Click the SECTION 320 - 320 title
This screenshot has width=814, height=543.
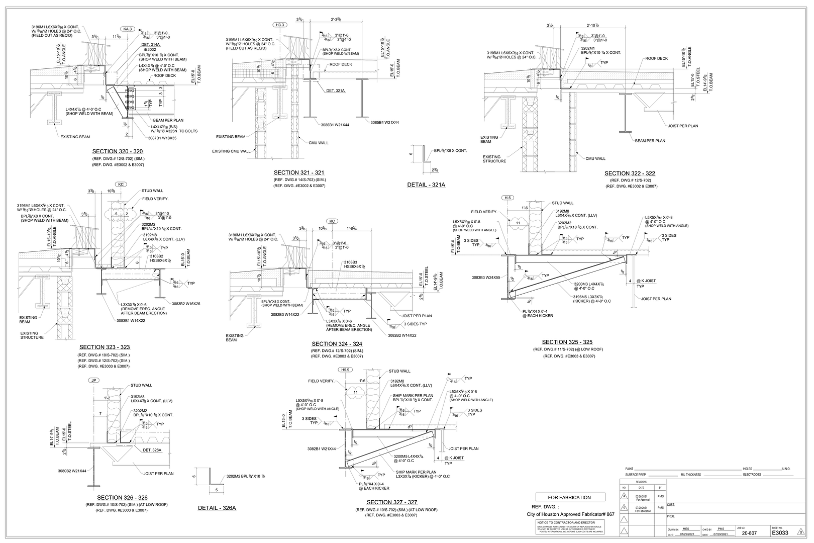(118, 151)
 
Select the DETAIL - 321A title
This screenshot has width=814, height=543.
(426, 185)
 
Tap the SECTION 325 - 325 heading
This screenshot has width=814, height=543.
(567, 342)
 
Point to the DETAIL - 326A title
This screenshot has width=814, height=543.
(217, 508)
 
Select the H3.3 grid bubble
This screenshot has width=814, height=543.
(280, 25)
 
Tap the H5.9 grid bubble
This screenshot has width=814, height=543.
(345, 370)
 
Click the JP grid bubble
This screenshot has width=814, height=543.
(93, 380)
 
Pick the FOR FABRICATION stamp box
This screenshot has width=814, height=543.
(569, 497)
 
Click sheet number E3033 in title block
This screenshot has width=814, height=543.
(780, 533)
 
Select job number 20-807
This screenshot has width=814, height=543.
(750, 533)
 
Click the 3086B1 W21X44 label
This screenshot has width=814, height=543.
(335, 124)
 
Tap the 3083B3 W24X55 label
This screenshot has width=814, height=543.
(486, 277)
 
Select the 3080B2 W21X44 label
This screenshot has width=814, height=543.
(71, 471)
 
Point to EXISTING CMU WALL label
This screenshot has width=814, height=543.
(231, 151)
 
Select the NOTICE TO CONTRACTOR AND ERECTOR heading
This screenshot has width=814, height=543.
(569, 523)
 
